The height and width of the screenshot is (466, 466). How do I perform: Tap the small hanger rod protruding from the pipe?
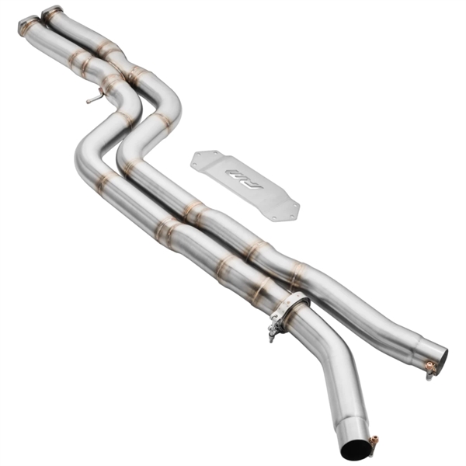(93, 99)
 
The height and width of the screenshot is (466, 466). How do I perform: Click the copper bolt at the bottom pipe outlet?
(374, 443)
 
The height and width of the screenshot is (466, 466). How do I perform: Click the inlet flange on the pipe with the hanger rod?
(29, 25)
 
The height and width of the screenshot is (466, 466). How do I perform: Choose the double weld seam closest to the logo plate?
(193, 211)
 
